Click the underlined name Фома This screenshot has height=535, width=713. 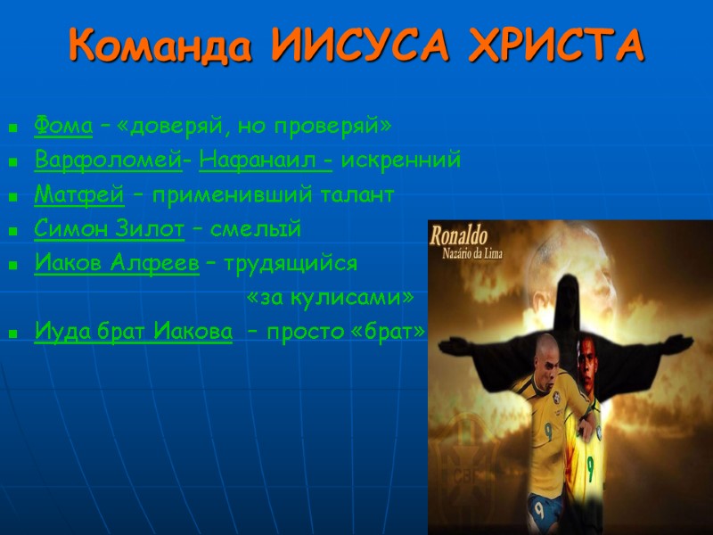[x=63, y=127]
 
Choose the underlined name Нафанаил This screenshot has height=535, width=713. [x=266, y=161]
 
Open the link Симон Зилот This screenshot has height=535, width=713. [x=109, y=229]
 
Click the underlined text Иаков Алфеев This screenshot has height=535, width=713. [x=116, y=263]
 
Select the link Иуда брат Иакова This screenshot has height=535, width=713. [x=134, y=332]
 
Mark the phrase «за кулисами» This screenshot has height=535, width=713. [x=331, y=297]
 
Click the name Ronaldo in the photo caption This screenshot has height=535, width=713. [x=458, y=238]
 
